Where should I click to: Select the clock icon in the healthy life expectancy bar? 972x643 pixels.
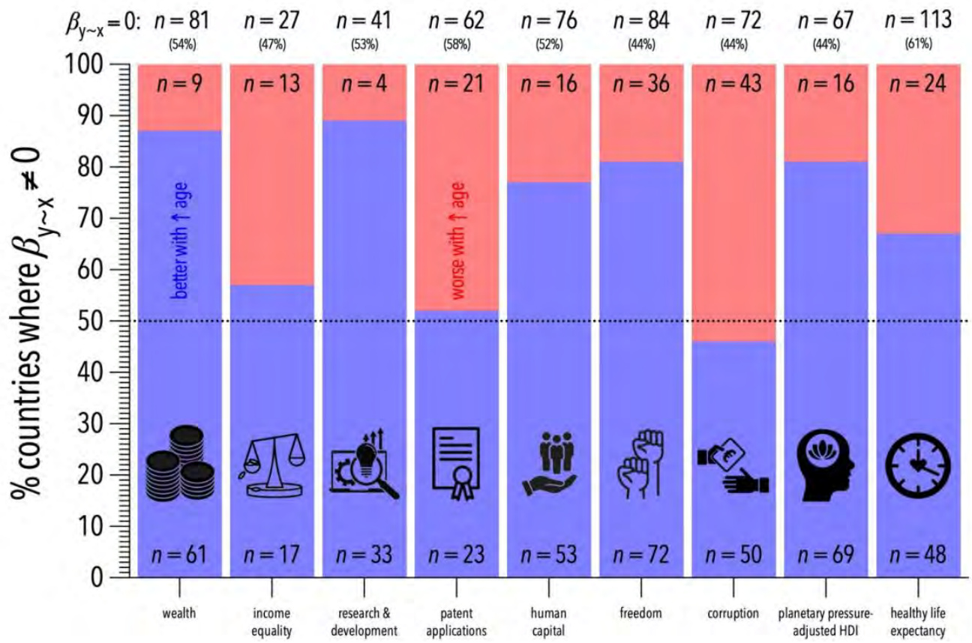(x=917, y=465)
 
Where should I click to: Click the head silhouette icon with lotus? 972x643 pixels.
(x=826, y=465)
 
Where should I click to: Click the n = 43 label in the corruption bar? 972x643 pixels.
(x=733, y=83)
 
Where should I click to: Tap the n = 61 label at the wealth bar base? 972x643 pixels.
(x=178, y=555)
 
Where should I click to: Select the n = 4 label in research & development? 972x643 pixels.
(x=363, y=83)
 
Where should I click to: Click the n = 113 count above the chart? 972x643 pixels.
(x=918, y=20)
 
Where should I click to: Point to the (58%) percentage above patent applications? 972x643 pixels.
(x=456, y=44)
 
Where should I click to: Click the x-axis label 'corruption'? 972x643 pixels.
(x=733, y=615)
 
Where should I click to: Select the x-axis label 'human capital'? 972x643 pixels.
(x=547, y=622)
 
